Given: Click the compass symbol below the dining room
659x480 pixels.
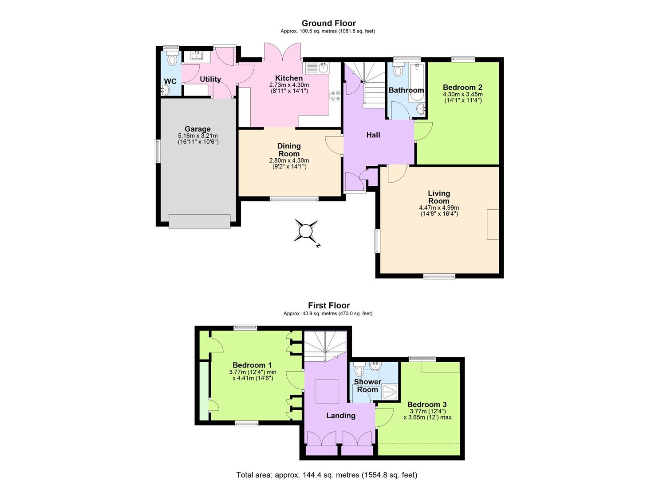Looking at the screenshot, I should pyautogui.click(x=306, y=231).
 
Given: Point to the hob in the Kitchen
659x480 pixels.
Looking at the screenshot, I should pyautogui.click(x=335, y=96).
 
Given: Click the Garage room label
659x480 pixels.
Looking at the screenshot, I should pyautogui.click(x=197, y=129).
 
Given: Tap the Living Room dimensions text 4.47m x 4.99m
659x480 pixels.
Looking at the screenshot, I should pyautogui.click(x=438, y=208).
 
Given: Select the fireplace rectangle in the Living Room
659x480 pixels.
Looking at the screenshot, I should pyautogui.click(x=493, y=224).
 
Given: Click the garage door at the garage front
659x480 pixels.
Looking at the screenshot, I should pyautogui.click(x=200, y=221).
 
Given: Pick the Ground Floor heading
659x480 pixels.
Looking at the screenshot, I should pyautogui.click(x=328, y=23).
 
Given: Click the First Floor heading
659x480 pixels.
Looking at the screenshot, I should pyautogui.click(x=329, y=305).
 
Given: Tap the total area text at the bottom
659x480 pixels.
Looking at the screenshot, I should pyautogui.click(x=327, y=475).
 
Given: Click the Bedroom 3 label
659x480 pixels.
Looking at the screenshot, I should pyautogui.click(x=427, y=404).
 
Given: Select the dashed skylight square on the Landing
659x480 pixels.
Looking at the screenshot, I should pyautogui.click(x=327, y=391).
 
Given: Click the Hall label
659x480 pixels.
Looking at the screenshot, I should pyautogui.click(x=373, y=135).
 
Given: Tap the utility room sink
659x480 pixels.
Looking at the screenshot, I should pyautogui.click(x=197, y=56).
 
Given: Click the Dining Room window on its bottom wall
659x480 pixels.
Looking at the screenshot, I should pyautogui.click(x=294, y=199).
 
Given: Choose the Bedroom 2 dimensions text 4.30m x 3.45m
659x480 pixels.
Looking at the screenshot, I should pyautogui.click(x=462, y=94).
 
